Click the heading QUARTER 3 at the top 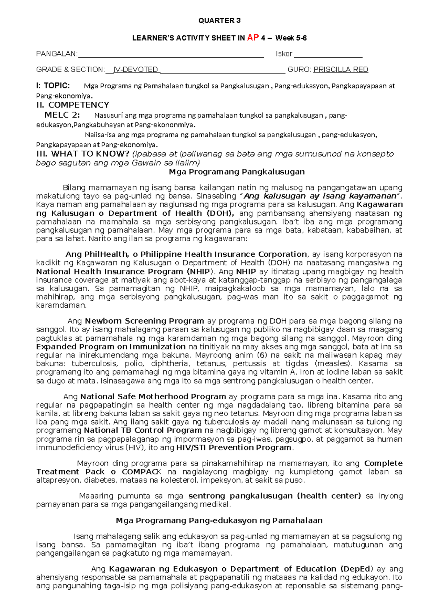[219, 21]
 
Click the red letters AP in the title [253, 38]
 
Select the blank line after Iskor [328, 55]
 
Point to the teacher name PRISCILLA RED [341, 70]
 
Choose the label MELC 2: [63, 115]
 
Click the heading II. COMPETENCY [73, 105]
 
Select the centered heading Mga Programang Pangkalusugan [237, 172]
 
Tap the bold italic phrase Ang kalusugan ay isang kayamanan [320, 196]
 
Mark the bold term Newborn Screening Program [144, 321]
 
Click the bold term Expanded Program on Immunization [106, 347]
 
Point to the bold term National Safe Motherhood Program [153, 397]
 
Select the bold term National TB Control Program [143, 430]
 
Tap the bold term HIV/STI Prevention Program [234, 447]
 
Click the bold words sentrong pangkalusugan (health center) [275, 496]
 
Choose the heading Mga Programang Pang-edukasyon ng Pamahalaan [219, 521]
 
